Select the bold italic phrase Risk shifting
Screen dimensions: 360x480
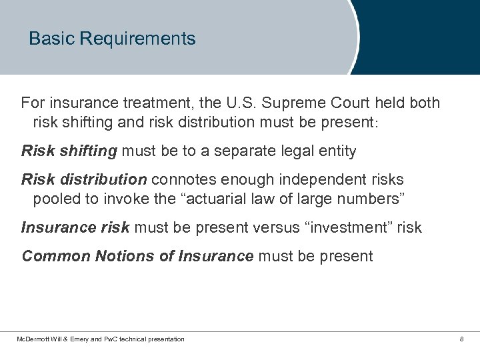[x=69, y=151]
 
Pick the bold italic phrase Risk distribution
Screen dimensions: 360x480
[x=84, y=180]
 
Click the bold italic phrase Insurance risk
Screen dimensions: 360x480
[x=76, y=227]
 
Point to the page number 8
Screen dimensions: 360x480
[x=461, y=339]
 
